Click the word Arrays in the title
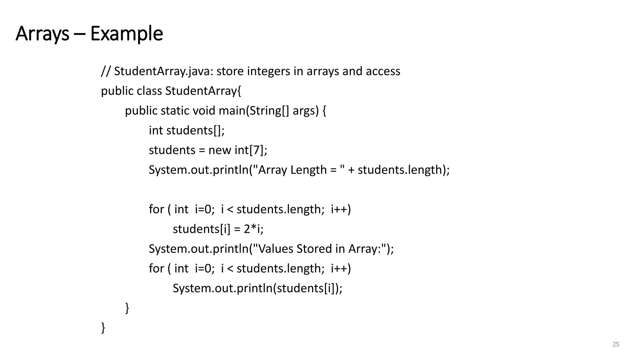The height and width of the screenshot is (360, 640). click(42, 34)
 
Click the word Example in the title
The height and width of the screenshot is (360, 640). click(127, 34)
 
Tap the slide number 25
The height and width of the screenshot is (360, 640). click(616, 344)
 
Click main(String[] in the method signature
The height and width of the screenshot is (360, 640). click(254, 111)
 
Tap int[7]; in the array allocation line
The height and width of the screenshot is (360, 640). click(251, 150)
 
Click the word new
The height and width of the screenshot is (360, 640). click(220, 150)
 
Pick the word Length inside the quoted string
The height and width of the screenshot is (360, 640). click(308, 170)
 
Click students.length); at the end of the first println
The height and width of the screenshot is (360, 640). click(403, 170)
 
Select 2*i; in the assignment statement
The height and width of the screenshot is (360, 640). click(253, 229)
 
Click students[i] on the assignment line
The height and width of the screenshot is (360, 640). click(201, 229)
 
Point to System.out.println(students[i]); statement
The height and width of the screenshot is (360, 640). click(257, 288)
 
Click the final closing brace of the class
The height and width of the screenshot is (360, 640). click(103, 327)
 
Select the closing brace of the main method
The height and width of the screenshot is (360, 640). click(127, 308)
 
